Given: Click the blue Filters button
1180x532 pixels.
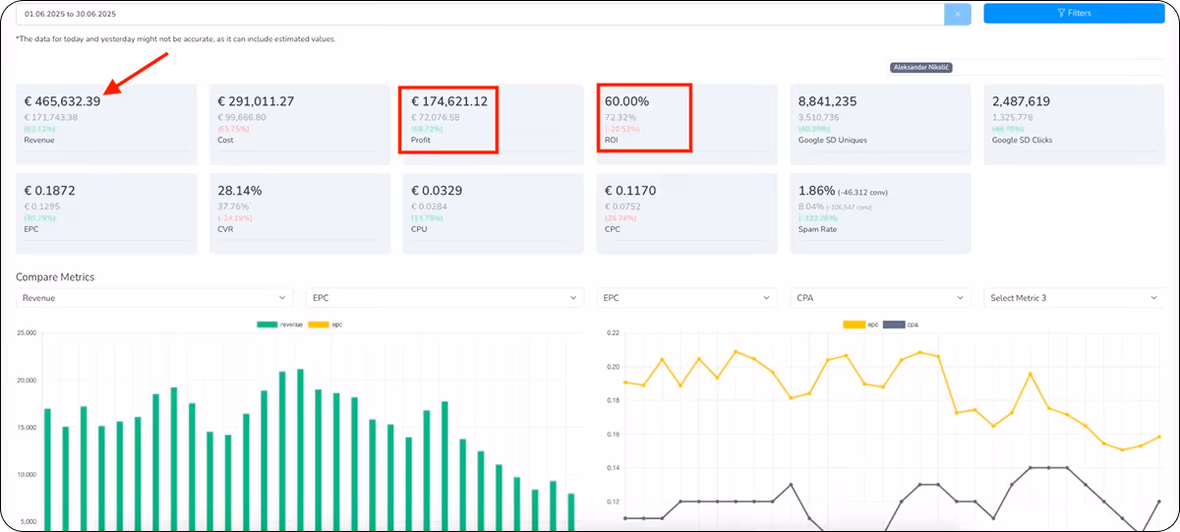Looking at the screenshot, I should [x=1074, y=14].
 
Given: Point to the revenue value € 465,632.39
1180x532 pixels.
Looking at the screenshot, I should [x=63, y=101].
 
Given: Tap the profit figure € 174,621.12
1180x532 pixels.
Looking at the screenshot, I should [x=448, y=101].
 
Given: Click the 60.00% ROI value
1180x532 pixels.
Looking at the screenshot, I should [x=626, y=101].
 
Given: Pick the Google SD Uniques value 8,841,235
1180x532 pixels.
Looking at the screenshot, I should [x=827, y=101].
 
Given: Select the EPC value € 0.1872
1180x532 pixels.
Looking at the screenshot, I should [x=51, y=190].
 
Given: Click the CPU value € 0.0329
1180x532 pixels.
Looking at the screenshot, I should [x=437, y=190].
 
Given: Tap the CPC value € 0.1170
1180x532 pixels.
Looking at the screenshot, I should [x=630, y=190].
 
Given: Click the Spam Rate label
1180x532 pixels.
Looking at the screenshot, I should [x=820, y=228].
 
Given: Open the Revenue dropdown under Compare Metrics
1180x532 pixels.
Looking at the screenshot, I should [x=154, y=297].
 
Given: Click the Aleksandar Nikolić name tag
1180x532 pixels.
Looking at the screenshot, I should [x=920, y=68].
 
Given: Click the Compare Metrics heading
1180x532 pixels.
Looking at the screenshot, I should [x=55, y=277].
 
